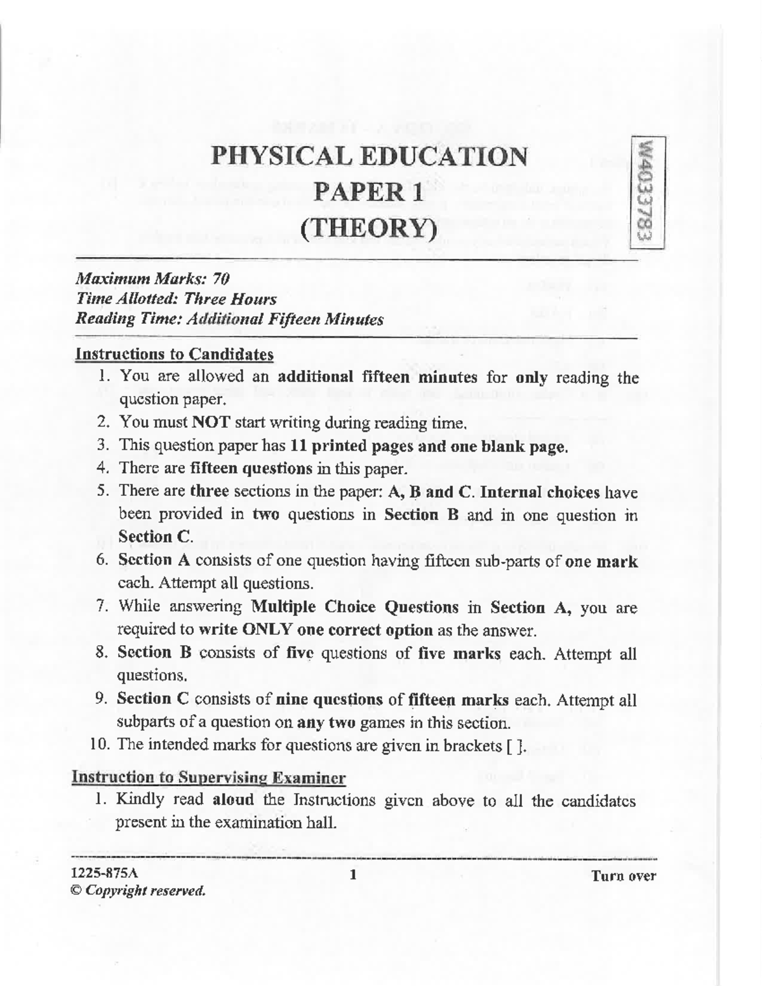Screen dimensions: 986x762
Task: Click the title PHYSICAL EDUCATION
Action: coord(369,156)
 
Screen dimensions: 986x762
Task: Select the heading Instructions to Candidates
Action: coord(174,354)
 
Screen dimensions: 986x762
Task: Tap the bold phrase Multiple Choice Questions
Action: coord(355,607)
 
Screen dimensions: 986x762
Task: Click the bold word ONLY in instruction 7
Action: coord(266,630)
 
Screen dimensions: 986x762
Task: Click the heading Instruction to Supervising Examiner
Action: coord(209,777)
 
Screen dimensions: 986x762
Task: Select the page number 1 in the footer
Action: coord(353,875)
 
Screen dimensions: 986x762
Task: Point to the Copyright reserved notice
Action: coord(140,890)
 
